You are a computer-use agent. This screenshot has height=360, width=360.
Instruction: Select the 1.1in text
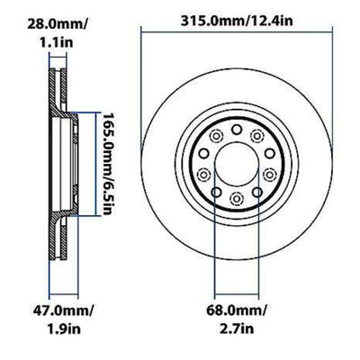pyautogui.click(x=31, y=40)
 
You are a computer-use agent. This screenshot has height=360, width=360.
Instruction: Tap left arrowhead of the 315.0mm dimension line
pyautogui.click(x=144, y=33)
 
